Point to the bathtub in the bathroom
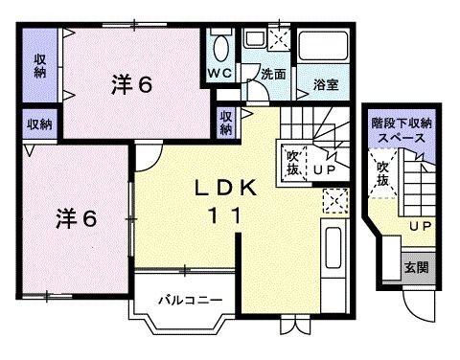pyautogui.click(x=326, y=48)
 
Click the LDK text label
pyautogui.click(x=228, y=189)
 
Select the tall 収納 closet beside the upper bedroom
pyautogui.click(x=39, y=66)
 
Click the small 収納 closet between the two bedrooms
pyautogui.click(x=39, y=124)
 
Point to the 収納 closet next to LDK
pyautogui.click(x=226, y=124)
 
